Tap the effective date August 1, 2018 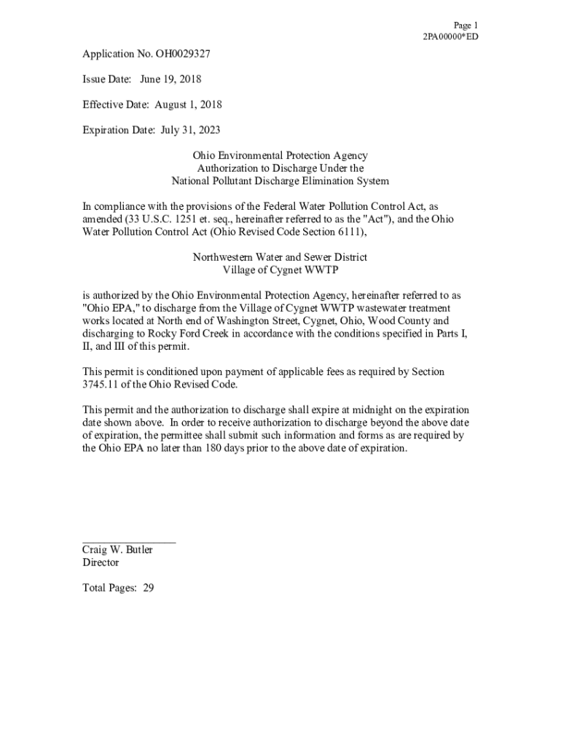(x=189, y=104)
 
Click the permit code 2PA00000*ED (x=450, y=37)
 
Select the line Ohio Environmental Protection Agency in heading (x=280, y=155)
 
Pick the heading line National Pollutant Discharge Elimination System (x=280, y=181)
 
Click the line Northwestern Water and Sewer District (x=280, y=257)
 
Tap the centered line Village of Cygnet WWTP (x=280, y=270)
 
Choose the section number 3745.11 (x=100, y=384)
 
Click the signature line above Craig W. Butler (x=129, y=542)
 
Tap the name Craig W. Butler (x=117, y=550)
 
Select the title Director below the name (x=101, y=562)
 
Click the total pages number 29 (x=148, y=588)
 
